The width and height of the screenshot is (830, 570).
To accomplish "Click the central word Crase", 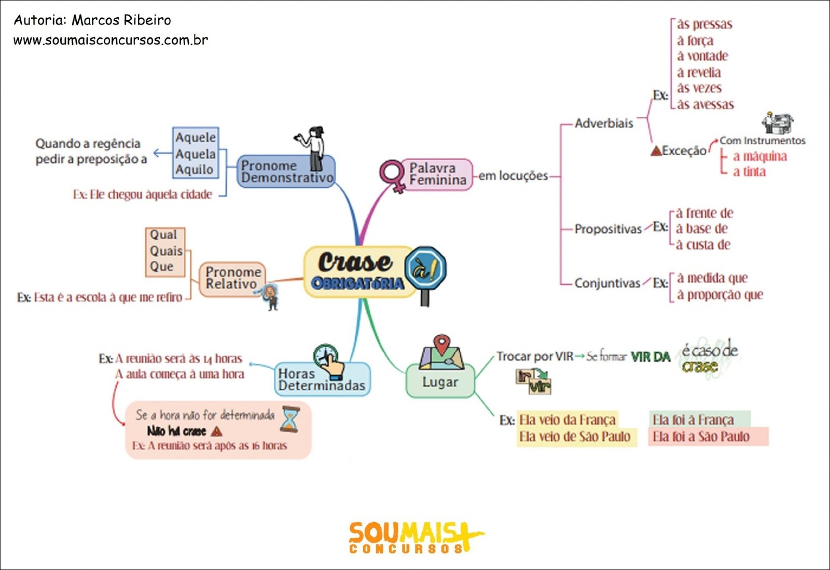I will pos(355,262).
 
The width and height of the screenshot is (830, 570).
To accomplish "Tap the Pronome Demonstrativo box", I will pos(286,172).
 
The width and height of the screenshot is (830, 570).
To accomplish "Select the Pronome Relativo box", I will pos(232,278).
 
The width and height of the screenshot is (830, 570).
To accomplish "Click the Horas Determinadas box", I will pos(322,380).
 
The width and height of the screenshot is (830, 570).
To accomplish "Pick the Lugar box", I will pos(440,382).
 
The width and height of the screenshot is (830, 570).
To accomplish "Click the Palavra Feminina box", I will pos(437,174).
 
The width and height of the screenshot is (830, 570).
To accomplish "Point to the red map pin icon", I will pos(441,344).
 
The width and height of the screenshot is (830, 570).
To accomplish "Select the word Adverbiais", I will pos(604,124).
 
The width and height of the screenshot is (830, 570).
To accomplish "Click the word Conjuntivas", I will pos(607,283).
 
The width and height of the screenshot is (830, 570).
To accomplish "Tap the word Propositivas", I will pos(608,229).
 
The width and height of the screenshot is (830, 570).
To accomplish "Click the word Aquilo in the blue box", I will pos(195,170).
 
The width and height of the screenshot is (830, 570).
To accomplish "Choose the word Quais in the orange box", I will pos(166,251).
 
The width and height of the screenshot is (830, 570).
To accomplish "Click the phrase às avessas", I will pos(705,104).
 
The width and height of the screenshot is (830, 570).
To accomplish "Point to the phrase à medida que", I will pos(712,278).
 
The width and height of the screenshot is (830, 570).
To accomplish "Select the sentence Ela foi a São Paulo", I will pos(701,437).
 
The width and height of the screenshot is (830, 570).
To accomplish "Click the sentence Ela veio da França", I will pos(567,419).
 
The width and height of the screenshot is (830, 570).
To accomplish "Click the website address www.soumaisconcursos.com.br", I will pos(110,40).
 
